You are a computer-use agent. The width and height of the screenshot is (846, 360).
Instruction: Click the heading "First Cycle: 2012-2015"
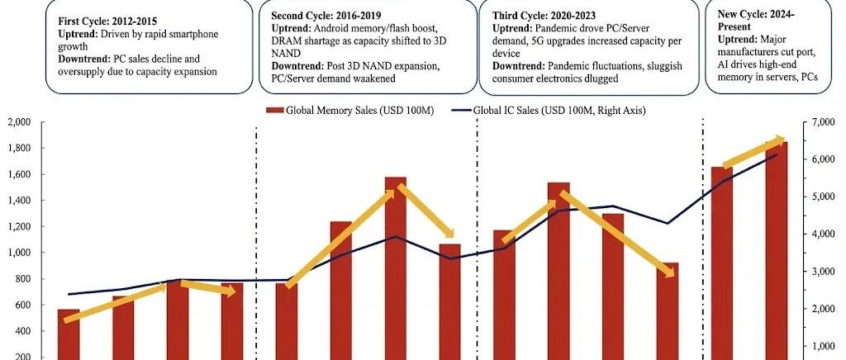(108, 22)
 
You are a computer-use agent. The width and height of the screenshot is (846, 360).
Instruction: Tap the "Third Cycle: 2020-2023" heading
(543, 15)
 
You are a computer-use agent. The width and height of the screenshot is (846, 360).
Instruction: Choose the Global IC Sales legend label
(559, 111)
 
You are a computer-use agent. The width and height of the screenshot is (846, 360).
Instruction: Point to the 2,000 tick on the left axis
(21, 122)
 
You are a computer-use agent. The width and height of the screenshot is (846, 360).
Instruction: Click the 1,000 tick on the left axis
(21, 253)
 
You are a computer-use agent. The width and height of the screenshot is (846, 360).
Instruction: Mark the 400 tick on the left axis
(24, 331)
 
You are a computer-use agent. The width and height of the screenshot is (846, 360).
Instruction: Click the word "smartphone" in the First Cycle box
(179, 35)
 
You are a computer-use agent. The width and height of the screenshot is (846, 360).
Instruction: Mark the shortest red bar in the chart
(69, 334)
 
